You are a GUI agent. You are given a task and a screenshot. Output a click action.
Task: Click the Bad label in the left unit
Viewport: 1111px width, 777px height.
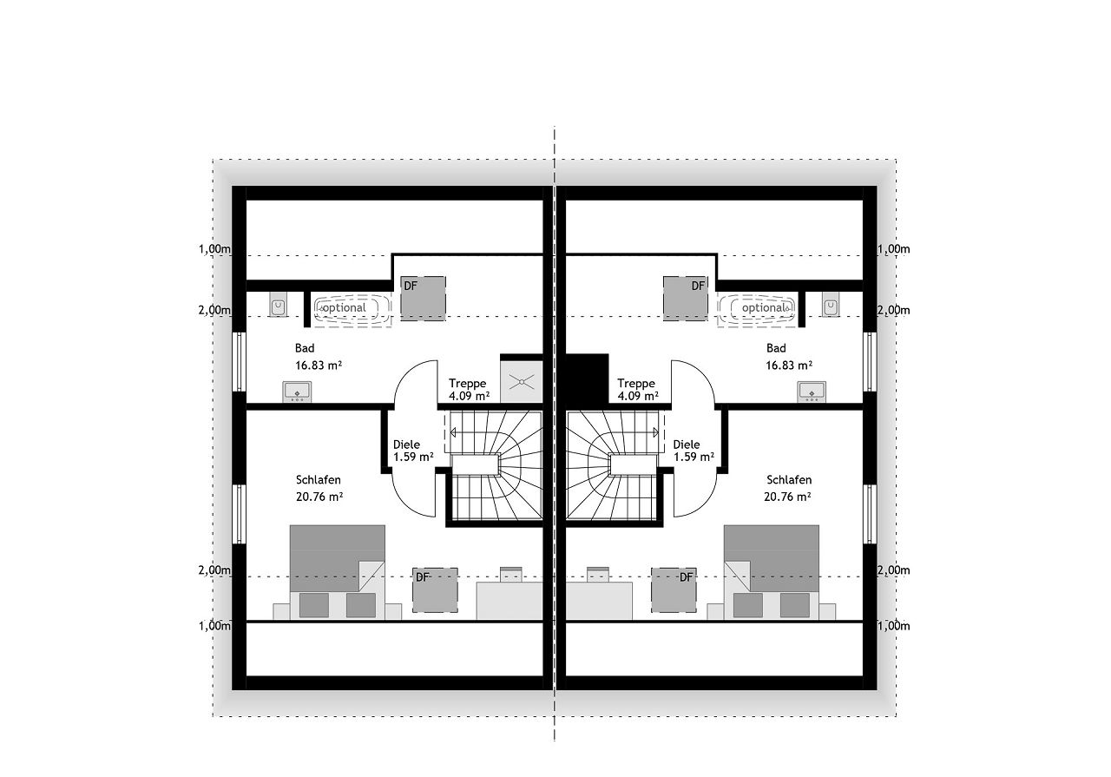[x=305, y=348]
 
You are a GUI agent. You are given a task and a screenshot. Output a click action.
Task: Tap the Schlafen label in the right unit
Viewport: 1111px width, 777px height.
[x=789, y=480]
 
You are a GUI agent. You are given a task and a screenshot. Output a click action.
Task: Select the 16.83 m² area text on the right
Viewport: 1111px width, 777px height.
[x=789, y=365]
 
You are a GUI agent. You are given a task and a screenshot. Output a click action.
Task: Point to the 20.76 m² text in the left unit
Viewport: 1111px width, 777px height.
[x=319, y=497]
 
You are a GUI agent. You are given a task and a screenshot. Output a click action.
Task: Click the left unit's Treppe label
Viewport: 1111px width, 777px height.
[x=468, y=383]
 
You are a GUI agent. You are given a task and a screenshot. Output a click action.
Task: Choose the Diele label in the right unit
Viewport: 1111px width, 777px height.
[x=687, y=444]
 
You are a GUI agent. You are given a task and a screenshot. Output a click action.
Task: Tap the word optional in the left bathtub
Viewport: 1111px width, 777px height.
[x=345, y=307]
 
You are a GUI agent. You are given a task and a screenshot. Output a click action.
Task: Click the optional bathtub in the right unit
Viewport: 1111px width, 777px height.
[x=757, y=308]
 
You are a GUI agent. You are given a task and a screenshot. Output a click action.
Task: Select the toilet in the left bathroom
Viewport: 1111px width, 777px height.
[x=279, y=304]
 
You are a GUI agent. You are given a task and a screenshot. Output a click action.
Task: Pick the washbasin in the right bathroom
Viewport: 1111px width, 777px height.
[x=812, y=392]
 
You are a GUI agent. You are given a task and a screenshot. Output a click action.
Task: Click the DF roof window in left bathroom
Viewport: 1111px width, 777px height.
[x=423, y=299]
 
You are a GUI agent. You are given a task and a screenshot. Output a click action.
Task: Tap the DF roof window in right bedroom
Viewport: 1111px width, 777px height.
[x=674, y=590]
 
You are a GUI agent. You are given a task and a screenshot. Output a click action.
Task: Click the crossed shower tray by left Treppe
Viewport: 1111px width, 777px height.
[x=522, y=381]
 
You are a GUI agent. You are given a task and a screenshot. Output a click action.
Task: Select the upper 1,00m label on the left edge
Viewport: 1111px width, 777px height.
[x=214, y=249]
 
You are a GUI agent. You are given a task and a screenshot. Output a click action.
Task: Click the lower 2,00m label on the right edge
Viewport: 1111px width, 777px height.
[x=894, y=570]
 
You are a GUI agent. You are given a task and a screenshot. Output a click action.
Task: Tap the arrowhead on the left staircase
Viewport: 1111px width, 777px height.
[x=452, y=432]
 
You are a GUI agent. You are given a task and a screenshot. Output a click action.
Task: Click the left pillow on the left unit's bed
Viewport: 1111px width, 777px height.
[x=314, y=605]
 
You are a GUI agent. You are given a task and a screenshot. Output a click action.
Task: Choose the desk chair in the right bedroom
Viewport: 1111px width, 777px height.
[x=598, y=574]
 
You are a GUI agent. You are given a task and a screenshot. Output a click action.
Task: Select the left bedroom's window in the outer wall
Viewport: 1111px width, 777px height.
[x=240, y=514]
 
